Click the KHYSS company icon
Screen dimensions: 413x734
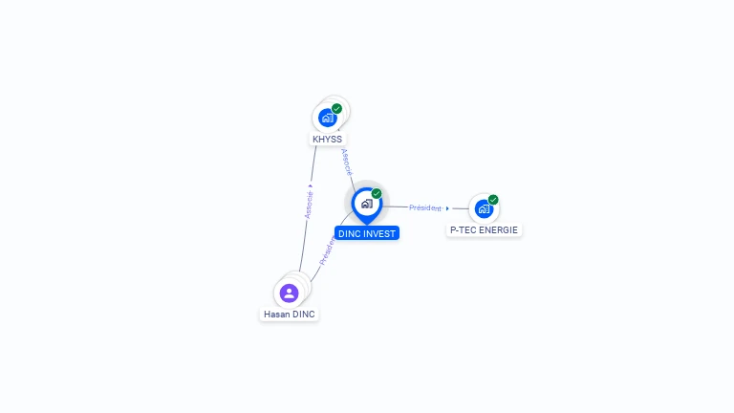tap(327, 118)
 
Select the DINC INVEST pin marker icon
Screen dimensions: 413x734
tap(366, 204)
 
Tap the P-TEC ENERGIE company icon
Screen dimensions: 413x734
tap(484, 208)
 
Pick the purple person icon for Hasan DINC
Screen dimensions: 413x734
tap(289, 293)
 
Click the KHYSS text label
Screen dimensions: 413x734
tap(327, 140)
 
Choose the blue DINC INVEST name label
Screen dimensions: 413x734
tap(367, 233)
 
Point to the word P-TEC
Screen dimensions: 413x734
tap(464, 230)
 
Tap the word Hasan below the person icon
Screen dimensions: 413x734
tap(276, 315)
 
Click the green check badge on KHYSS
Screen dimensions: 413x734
tap(336, 108)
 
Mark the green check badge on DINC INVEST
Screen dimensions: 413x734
tap(377, 193)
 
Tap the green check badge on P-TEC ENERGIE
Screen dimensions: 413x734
tap(493, 200)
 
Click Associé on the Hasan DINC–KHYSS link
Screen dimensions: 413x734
tap(309, 204)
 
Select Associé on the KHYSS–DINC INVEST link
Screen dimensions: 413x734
tap(346, 162)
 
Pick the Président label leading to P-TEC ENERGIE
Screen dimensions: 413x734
tap(425, 207)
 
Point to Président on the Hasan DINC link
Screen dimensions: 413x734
tap(327, 250)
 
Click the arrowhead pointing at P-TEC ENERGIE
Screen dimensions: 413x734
tap(447, 207)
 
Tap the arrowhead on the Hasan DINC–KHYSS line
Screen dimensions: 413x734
tap(311, 185)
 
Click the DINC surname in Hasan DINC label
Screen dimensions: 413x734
tap(303, 315)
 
